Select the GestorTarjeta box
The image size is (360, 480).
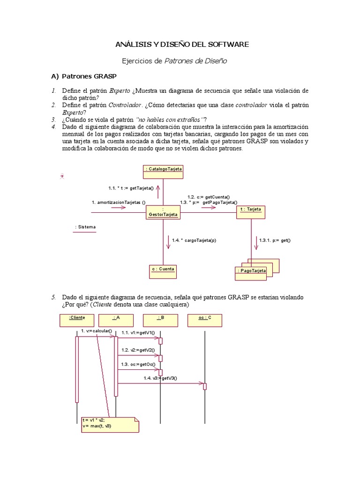[x=163, y=212]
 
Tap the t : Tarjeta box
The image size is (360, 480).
[x=251, y=212]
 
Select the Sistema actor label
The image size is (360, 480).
[x=85, y=227]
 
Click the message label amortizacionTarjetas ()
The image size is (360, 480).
[x=119, y=202]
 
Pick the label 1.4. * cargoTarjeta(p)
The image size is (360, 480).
[x=194, y=240]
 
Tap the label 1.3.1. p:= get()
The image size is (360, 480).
[x=275, y=240]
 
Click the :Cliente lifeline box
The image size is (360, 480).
[x=77, y=320]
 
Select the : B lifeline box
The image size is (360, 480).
[x=160, y=320]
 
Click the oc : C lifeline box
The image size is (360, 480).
[x=205, y=320]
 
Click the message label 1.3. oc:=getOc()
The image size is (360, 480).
[x=138, y=364]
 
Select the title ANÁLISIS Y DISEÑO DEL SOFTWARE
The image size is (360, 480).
[x=182, y=45]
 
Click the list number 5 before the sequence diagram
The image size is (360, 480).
[x=54, y=297]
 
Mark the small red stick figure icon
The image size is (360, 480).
[x=62, y=176]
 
